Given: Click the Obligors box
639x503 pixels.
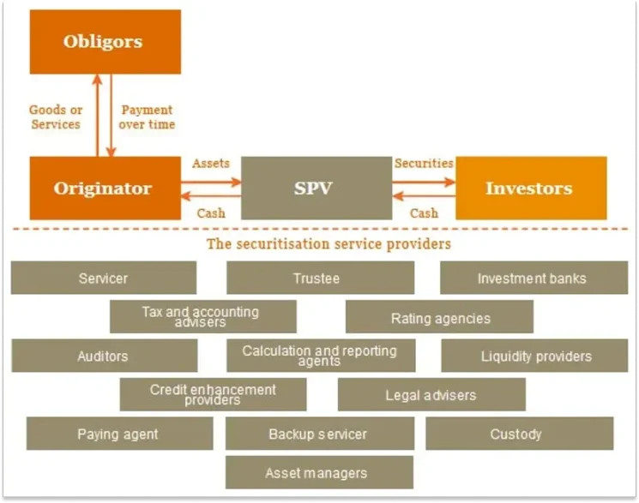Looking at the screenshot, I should [x=103, y=42].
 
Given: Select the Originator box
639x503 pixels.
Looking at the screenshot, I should [x=103, y=189].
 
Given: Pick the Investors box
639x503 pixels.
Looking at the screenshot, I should [x=529, y=189].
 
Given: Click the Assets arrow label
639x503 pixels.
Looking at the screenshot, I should [x=211, y=163].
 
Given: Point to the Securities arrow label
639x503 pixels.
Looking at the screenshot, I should [x=424, y=163].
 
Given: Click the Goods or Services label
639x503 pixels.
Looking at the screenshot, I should [x=56, y=117].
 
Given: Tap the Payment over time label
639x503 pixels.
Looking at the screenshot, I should [x=148, y=117].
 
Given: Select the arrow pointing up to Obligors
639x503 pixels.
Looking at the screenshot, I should [x=97, y=116].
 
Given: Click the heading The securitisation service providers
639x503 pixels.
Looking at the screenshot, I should [x=329, y=243].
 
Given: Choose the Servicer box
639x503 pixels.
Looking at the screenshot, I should [x=103, y=278].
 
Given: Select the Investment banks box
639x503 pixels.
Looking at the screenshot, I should [x=533, y=278].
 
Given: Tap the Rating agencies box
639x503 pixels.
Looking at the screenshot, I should [x=439, y=317].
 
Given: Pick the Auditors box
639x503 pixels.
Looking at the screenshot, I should [x=103, y=356].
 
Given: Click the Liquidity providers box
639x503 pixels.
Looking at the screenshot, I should [x=534, y=356].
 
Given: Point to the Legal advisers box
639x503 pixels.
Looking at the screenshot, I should [x=431, y=395].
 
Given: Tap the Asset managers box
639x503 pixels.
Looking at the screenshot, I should [x=318, y=472].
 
